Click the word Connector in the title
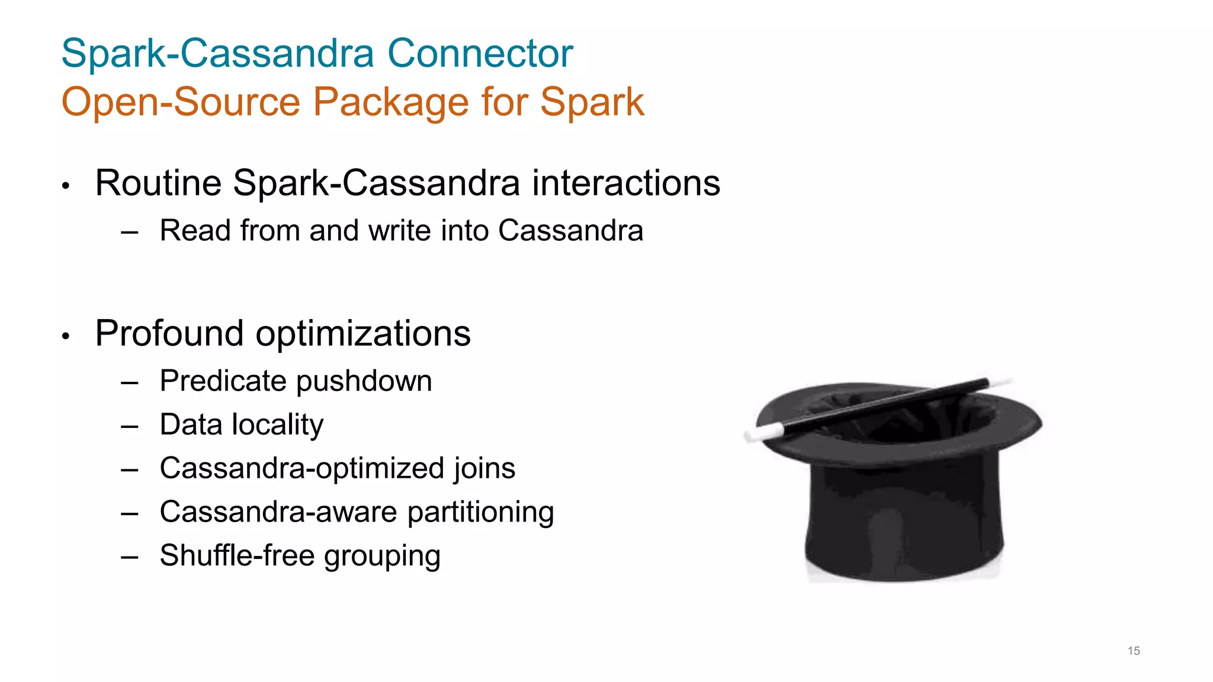[480, 53]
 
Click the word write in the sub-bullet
[400, 230]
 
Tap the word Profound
[169, 333]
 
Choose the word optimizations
[363, 334]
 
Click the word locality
[278, 425]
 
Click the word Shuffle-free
[237, 555]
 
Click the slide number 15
[1134, 651]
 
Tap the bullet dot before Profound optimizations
[66, 336]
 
